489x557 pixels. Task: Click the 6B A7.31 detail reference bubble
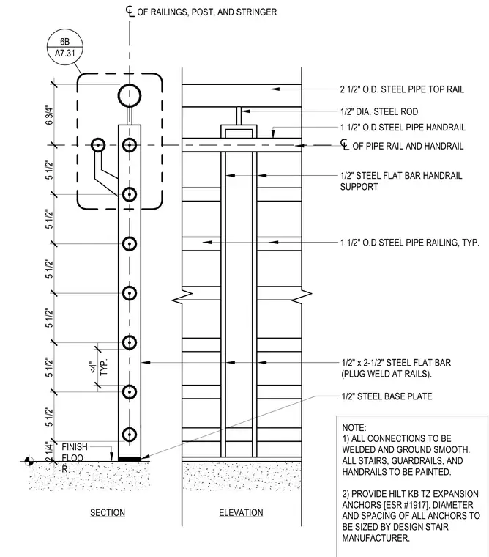point(65,47)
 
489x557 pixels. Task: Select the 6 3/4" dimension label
point(49,114)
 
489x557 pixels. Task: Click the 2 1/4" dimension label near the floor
point(49,452)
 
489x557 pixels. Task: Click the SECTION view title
point(108,512)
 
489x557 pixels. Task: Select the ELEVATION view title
point(241,512)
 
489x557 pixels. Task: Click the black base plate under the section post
point(130,459)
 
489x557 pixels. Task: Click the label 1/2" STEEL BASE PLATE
point(387,396)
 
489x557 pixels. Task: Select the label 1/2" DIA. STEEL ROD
point(379,111)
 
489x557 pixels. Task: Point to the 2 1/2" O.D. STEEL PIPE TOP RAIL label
point(402,89)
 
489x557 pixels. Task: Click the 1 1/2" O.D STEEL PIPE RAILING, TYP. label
point(410,243)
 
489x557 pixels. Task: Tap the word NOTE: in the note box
point(354,428)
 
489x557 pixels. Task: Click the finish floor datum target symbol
point(29,462)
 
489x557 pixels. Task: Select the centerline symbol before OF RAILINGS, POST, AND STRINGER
point(130,12)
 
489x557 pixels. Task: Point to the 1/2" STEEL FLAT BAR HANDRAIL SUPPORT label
point(401,181)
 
